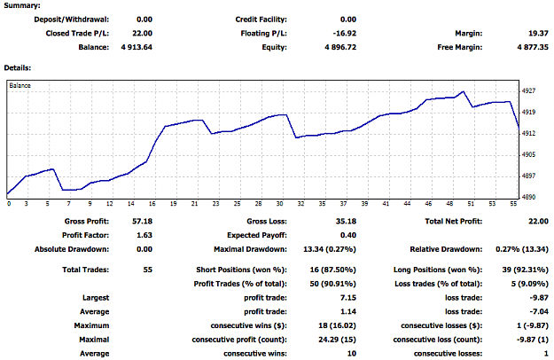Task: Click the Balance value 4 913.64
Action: [137, 47]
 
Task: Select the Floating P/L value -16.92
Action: [345, 34]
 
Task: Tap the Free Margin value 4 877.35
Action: [533, 47]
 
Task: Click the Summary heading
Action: [22, 5]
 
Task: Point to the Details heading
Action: [18, 67]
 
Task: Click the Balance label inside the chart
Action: [20, 85]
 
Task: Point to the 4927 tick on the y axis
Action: [528, 90]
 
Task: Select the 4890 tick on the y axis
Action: [528, 197]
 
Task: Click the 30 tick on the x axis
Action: [279, 204]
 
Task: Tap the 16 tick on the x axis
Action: [152, 204]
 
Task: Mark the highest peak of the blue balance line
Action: [464, 91]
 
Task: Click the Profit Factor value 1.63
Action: [144, 235]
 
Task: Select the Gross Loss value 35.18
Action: [346, 222]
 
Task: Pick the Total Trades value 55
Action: [148, 270]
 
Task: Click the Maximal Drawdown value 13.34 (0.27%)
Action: [330, 249]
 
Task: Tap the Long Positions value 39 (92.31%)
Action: [526, 270]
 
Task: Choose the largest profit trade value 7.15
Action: [348, 298]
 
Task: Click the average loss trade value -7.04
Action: [539, 311]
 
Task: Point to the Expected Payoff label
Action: [257, 235]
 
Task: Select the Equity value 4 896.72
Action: [340, 47]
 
